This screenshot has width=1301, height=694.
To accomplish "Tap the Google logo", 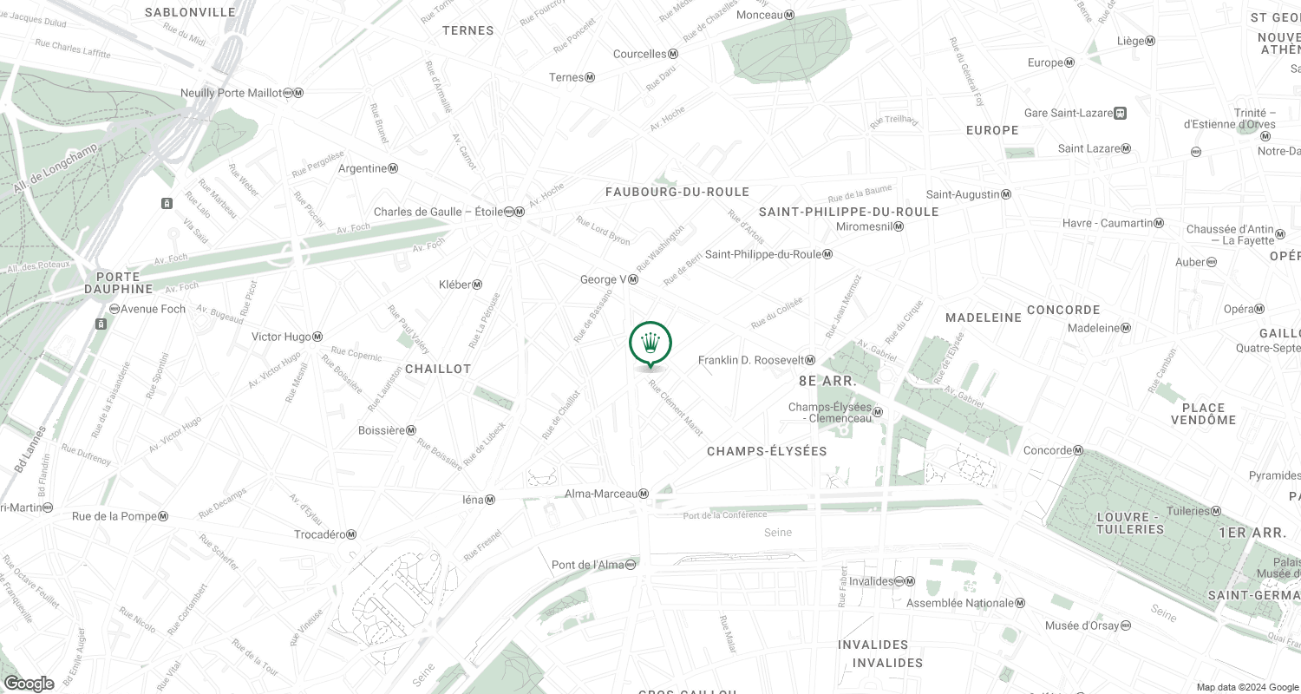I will [28, 684].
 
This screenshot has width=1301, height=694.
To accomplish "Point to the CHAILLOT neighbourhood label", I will [437, 369].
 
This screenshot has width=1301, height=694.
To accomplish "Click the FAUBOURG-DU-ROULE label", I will [677, 191].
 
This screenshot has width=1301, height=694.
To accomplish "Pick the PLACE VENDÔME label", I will [1203, 414].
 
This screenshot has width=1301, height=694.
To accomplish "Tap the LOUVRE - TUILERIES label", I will [1129, 522].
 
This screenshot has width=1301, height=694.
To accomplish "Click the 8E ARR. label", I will [827, 381].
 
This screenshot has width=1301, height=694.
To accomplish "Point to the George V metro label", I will [610, 279].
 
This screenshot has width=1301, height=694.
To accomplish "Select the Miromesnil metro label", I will [870, 226].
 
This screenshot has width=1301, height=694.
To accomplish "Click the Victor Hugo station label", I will [286, 337].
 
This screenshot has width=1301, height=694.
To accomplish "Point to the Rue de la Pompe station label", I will [120, 517].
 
